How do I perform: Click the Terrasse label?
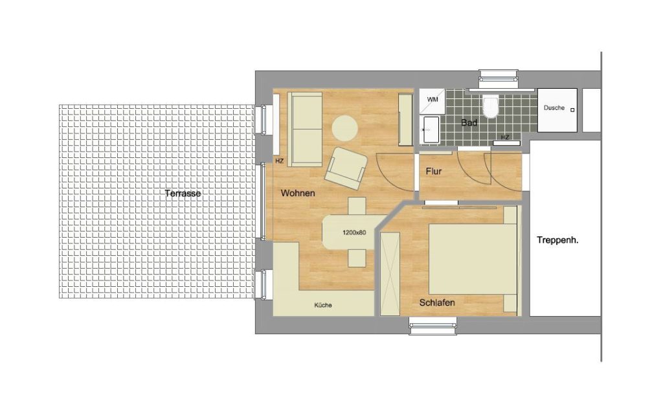click(x=183, y=194)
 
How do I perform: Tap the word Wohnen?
click(x=298, y=193)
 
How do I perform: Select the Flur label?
click(x=434, y=172)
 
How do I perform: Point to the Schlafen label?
click(x=437, y=303)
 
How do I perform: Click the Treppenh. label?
click(x=557, y=240)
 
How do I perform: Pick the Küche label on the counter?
click(x=323, y=305)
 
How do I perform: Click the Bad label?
click(x=469, y=122)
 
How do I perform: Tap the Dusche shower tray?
click(x=557, y=110)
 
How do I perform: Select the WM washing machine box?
click(x=432, y=100)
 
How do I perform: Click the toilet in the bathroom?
click(x=491, y=106)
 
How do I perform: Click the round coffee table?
click(x=344, y=128)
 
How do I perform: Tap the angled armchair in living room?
click(x=346, y=168)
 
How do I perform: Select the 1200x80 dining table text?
click(x=354, y=232)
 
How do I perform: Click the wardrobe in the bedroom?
click(x=390, y=274)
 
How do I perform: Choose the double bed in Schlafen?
click(x=473, y=259)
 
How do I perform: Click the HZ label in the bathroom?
click(x=505, y=137)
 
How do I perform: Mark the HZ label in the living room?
click(x=280, y=161)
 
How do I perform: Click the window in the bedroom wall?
click(x=433, y=328)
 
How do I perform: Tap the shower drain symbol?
click(x=572, y=110)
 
